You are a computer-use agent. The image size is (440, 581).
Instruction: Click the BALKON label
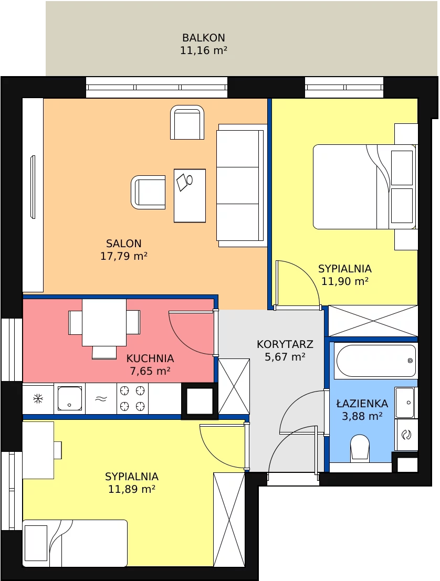pyautogui.click(x=204, y=38)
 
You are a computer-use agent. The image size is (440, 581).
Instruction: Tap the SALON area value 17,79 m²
pyautogui.click(x=124, y=256)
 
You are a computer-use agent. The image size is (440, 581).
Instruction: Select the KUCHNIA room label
pyautogui.click(x=150, y=358)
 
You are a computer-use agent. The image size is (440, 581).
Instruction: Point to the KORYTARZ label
pyautogui.click(x=285, y=344)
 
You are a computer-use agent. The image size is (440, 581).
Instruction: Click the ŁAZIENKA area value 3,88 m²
pyautogui.click(x=362, y=416)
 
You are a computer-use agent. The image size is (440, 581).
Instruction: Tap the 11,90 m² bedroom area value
pyautogui.click(x=345, y=281)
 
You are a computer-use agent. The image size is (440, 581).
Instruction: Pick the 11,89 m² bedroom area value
pyautogui.click(x=132, y=489)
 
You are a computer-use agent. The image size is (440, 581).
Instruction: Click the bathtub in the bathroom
pyautogui.click(x=376, y=361)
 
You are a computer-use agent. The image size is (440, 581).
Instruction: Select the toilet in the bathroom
pyautogui.click(x=360, y=448)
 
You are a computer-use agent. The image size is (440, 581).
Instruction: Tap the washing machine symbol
pyautogui.click(x=406, y=435)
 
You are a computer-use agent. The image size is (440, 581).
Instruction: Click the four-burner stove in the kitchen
pyautogui.click(x=132, y=398)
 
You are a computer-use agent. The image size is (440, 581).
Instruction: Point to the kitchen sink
pyautogui.click(x=69, y=398)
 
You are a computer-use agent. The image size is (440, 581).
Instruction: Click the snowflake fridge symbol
pyautogui.click(x=38, y=399)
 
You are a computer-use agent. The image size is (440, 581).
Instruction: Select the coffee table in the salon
pyautogui.click(x=190, y=196)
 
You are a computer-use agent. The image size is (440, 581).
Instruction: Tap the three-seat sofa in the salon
pyautogui.click(x=242, y=185)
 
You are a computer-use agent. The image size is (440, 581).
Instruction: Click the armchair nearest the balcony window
pyautogui.click(x=187, y=122)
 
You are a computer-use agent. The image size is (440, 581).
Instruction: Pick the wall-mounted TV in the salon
pyautogui.click(x=33, y=187)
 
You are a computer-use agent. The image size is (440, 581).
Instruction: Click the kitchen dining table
pyautogui.click(x=104, y=322)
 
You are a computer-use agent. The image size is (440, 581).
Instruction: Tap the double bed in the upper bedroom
pyautogui.click(x=365, y=187)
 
